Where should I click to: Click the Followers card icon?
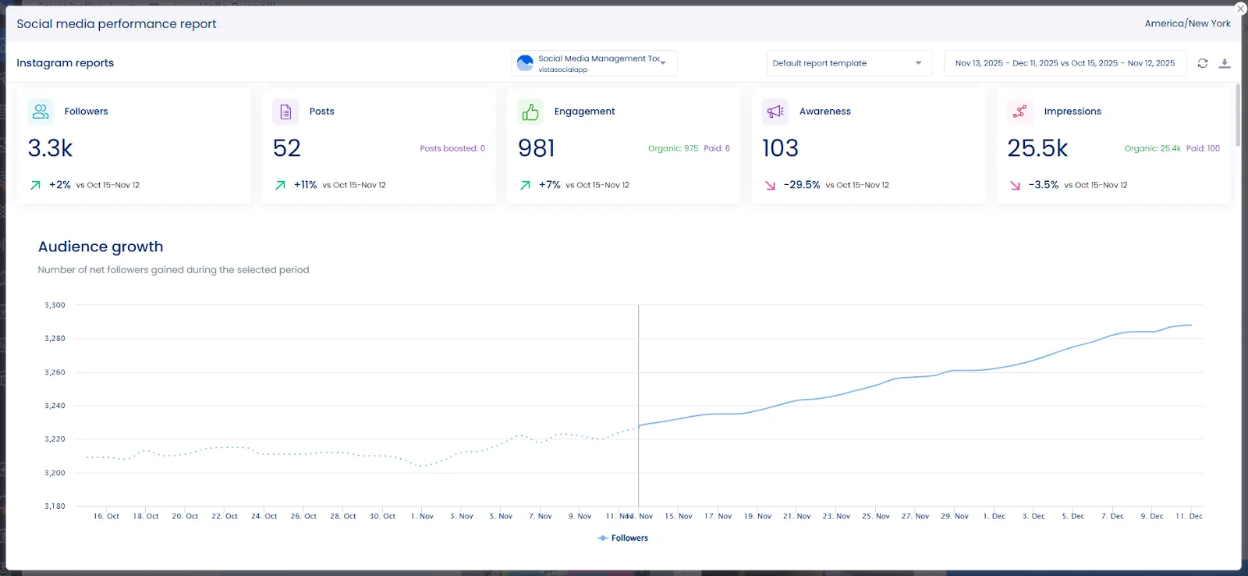pyautogui.click(x=41, y=112)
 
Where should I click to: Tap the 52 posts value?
pyautogui.click(x=286, y=148)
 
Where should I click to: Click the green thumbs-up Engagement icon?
pyautogui.click(x=530, y=112)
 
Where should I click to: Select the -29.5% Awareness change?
pyautogui.click(x=801, y=185)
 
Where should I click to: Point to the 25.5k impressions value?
pyautogui.click(x=1037, y=148)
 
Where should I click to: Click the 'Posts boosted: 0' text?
pyautogui.click(x=452, y=148)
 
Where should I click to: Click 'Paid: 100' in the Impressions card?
pyautogui.click(x=1203, y=148)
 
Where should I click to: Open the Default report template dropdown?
pyautogui.click(x=849, y=63)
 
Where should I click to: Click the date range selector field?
pyautogui.click(x=1064, y=63)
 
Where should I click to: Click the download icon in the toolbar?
pyautogui.click(x=1225, y=63)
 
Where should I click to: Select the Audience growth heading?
pyautogui.click(x=101, y=247)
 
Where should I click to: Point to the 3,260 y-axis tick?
pyautogui.click(x=55, y=372)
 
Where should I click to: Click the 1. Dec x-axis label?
pyautogui.click(x=994, y=516)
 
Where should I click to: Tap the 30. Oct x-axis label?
pyautogui.click(x=382, y=516)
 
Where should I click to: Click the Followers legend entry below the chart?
pyautogui.click(x=623, y=538)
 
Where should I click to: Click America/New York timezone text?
pyautogui.click(x=1187, y=23)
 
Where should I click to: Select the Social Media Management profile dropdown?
pyautogui.click(x=594, y=63)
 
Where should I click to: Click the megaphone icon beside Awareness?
pyautogui.click(x=775, y=112)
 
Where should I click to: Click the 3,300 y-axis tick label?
pyautogui.click(x=55, y=305)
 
